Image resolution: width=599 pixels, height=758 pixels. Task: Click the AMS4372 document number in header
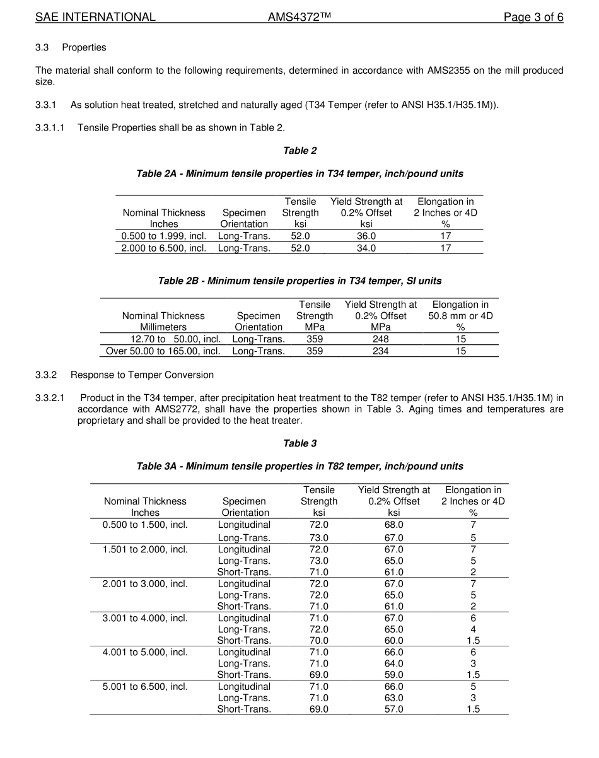(x=299, y=17)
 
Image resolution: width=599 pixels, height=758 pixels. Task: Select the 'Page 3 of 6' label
(x=533, y=17)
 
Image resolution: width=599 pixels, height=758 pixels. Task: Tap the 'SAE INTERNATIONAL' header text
(x=95, y=17)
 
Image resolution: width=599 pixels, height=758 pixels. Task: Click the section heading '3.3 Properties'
(x=71, y=47)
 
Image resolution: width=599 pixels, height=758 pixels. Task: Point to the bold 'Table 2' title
(x=299, y=150)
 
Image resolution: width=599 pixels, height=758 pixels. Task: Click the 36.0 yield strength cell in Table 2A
(x=366, y=236)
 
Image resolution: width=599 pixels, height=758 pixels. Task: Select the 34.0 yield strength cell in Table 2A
(x=366, y=248)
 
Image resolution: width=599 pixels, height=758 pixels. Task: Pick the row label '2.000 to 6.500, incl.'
(x=164, y=248)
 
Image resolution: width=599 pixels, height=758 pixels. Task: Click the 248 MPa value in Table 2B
(x=380, y=339)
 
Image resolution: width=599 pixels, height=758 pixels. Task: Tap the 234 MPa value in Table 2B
(x=380, y=351)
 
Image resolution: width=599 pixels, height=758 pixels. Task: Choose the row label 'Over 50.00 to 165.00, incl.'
(x=163, y=351)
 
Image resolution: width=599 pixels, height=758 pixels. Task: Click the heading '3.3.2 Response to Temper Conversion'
(x=124, y=375)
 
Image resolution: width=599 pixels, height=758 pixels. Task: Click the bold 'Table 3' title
(x=299, y=443)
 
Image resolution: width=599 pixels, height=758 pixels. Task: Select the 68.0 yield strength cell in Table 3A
(x=393, y=525)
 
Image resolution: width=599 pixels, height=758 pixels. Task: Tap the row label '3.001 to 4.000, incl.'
(x=145, y=618)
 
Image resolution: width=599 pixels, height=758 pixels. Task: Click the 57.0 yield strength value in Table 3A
(x=393, y=709)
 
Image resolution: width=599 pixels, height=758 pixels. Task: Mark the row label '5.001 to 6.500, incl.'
(x=145, y=686)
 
